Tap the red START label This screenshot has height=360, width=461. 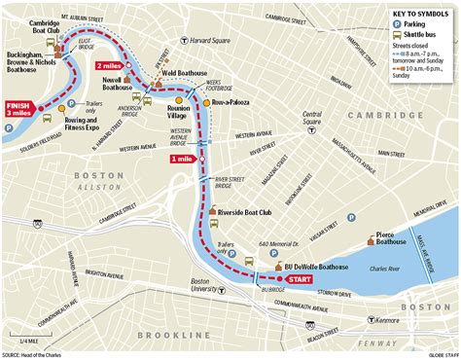click(x=301, y=277)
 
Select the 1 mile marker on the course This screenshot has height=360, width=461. click(x=184, y=159)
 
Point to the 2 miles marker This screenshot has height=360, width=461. click(x=109, y=65)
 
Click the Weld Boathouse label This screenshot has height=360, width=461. click(x=181, y=72)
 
